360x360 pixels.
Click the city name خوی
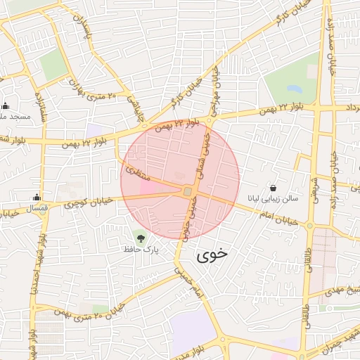(213, 255)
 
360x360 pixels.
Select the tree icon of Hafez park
(141, 237)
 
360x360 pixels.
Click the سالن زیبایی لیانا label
(274, 199)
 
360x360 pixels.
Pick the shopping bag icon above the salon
(274, 188)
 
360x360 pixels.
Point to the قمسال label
(37, 209)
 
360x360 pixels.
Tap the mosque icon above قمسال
(37, 198)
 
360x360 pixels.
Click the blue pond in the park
(294, 89)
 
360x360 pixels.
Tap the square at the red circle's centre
(187, 191)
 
